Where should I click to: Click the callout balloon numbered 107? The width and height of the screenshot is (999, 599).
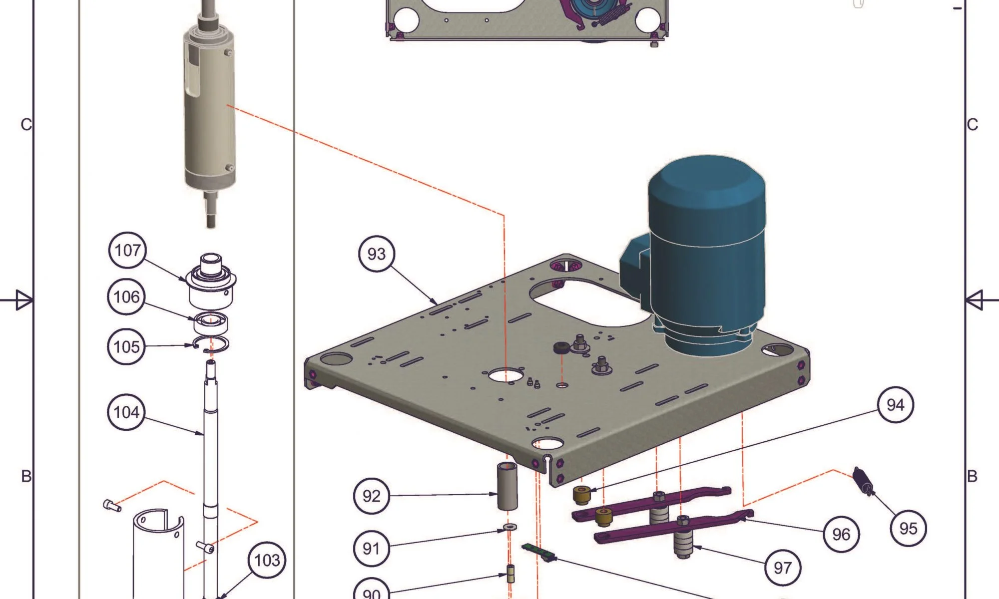point(128,251)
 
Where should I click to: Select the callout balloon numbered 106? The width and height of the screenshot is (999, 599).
point(126,297)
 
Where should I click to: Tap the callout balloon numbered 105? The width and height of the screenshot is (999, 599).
point(126,346)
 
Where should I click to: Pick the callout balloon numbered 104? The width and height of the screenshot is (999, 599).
point(126,412)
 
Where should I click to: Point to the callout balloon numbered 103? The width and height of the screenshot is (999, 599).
point(267,560)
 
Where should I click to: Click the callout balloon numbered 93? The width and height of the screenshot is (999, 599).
point(377,254)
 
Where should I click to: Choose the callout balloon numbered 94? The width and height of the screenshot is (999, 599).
point(896,404)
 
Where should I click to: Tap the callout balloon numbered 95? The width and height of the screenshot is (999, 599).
point(909,528)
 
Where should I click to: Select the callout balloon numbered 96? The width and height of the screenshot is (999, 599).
point(841,535)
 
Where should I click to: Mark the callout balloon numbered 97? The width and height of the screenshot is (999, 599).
point(783,568)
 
